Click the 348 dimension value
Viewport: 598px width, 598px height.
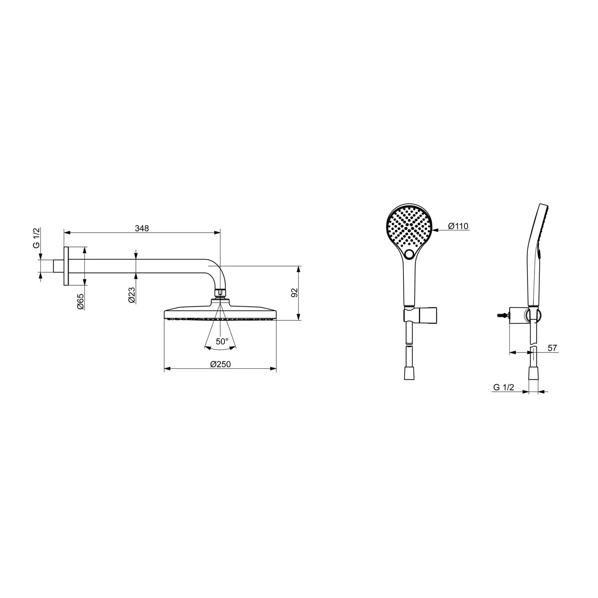(142, 228)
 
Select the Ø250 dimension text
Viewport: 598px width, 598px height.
(220, 364)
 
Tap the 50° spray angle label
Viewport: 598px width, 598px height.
(222, 341)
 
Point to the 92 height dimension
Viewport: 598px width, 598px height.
(294, 293)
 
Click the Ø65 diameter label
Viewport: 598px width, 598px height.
(80, 301)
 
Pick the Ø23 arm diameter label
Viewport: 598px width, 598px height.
(132, 295)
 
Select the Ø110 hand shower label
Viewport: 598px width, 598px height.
(458, 226)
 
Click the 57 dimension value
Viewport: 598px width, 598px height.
(552, 348)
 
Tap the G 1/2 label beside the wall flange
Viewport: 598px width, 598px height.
(36, 239)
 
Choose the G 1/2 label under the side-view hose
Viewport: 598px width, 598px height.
(504, 387)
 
